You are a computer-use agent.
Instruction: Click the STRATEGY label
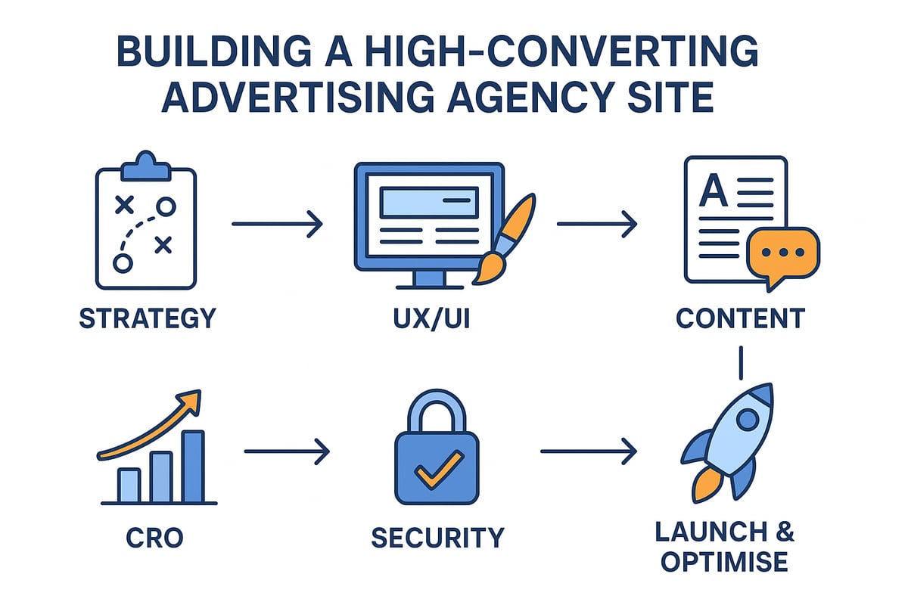[x=148, y=318]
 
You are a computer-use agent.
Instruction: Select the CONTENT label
[x=740, y=318]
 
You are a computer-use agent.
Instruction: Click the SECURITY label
[x=437, y=538]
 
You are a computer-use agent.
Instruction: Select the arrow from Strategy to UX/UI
[x=277, y=224]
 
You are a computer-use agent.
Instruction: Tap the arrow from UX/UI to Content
[x=596, y=224]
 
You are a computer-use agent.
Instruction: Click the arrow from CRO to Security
[x=287, y=453]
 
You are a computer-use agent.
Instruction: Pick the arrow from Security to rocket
[x=588, y=453]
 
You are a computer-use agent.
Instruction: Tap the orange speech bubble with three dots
[x=782, y=253]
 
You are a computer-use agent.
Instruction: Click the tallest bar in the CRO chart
[x=193, y=466]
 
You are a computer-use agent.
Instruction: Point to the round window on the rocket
[x=748, y=418]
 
